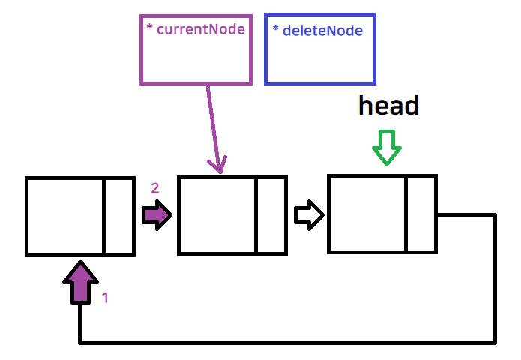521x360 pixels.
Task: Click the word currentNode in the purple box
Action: [x=201, y=30]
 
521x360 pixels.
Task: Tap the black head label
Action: [x=388, y=106]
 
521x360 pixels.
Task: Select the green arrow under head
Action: [x=387, y=148]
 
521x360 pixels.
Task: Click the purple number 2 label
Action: [x=155, y=188]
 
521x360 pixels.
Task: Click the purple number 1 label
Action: [x=105, y=298]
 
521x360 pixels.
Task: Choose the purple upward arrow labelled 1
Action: [x=80, y=282]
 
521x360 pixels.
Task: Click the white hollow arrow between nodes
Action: [x=308, y=215]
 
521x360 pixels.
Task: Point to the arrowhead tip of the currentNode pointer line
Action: [x=221, y=172]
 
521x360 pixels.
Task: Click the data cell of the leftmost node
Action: [x=64, y=216]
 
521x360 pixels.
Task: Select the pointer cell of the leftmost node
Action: [x=118, y=216]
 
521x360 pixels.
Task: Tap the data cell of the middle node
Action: [x=217, y=216]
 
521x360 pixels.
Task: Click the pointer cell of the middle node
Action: [x=271, y=216]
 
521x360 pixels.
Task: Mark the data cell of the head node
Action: [x=367, y=214]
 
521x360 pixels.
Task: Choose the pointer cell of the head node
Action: [x=421, y=214]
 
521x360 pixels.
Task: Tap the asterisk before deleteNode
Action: [x=276, y=31]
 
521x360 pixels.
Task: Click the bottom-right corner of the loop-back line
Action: [x=495, y=343]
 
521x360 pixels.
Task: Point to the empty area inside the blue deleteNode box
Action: [x=320, y=60]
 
